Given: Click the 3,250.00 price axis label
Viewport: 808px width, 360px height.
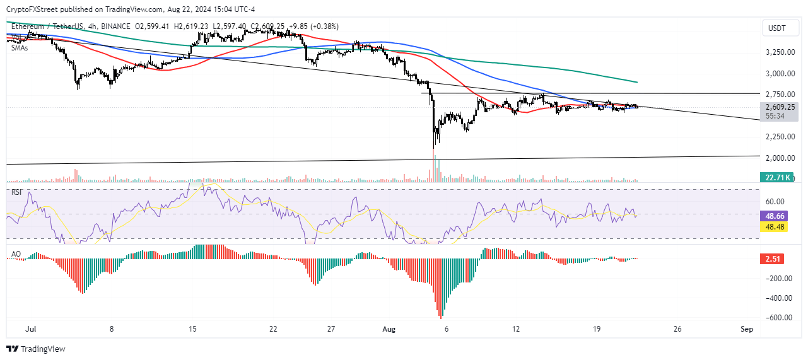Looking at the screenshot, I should (780, 52).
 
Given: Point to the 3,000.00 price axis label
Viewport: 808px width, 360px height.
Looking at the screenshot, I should (780, 74).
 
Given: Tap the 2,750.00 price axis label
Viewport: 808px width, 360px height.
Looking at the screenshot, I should (780, 95).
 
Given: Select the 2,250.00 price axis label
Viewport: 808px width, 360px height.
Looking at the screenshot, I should (780, 137).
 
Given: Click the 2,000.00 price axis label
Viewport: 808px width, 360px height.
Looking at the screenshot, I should (780, 158).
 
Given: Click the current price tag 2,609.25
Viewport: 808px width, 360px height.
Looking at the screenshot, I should (780, 107).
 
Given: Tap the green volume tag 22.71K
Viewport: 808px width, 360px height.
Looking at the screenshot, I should (780, 178).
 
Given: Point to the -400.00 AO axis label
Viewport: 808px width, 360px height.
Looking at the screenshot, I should (777, 298).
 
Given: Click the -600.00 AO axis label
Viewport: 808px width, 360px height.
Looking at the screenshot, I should (777, 318).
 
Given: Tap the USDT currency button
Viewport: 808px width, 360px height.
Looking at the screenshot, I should (777, 29).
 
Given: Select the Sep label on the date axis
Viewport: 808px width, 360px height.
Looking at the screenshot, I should (747, 329).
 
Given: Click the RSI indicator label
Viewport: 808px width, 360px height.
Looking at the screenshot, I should (17, 192).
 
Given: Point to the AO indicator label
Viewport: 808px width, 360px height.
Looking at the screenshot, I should (15, 254).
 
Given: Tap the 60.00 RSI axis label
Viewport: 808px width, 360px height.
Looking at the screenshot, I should (777, 202).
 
